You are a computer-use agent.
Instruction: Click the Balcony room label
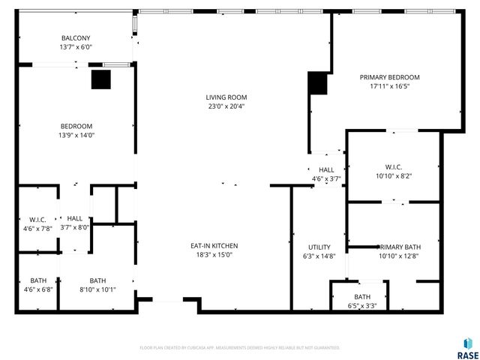76,38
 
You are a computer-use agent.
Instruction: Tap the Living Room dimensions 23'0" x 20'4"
226,106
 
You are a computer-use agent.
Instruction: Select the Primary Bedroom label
389,77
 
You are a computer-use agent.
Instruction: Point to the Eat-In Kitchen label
214,245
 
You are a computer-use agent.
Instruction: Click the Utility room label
319,247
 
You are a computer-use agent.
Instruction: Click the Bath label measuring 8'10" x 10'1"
97,280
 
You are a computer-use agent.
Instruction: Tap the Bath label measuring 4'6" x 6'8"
38,280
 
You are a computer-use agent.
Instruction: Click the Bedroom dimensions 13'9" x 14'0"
76,135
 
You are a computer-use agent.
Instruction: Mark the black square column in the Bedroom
100,79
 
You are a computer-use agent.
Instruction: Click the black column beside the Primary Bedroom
317,84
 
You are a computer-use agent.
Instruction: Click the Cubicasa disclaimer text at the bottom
239,347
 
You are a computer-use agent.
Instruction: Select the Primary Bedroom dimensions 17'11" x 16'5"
389,86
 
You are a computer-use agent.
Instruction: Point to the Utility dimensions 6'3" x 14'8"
319,256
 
